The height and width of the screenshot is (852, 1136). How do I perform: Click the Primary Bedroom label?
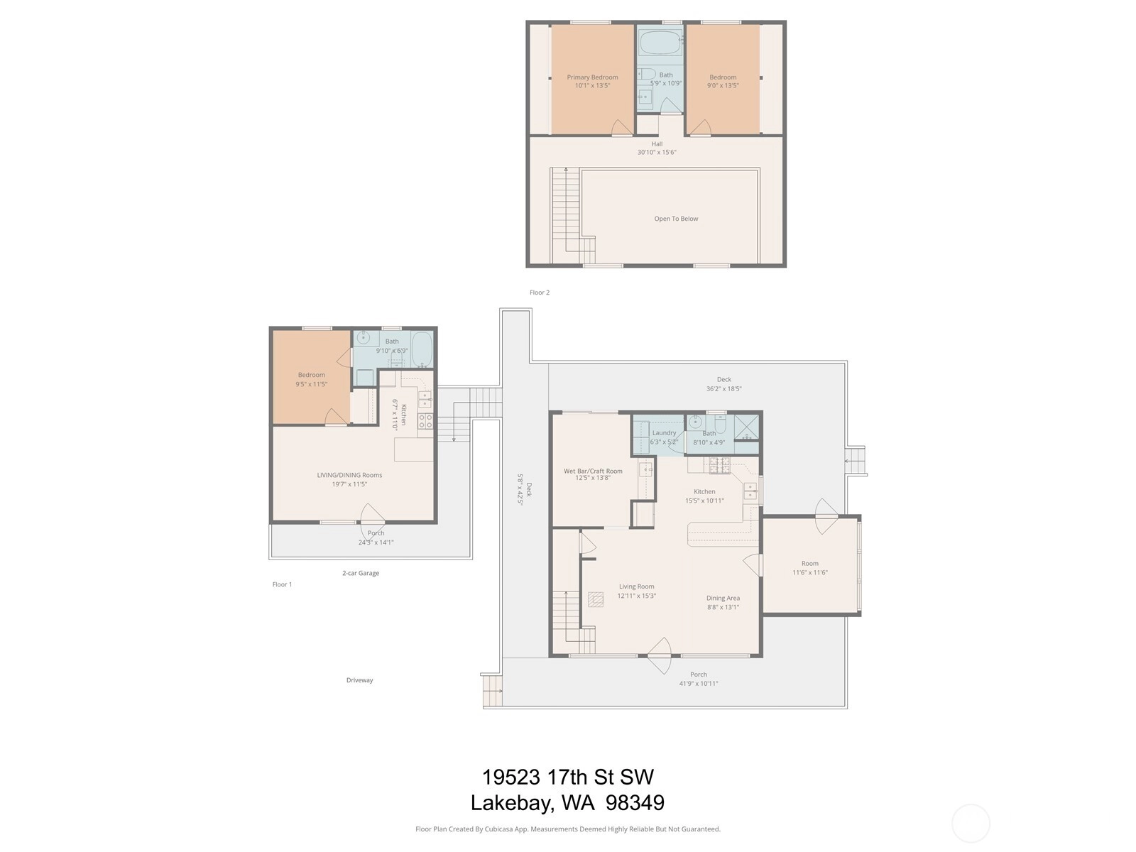[x=592, y=77]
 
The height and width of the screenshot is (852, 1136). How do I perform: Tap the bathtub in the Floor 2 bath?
[x=660, y=42]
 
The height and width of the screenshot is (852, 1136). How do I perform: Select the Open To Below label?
[x=676, y=219]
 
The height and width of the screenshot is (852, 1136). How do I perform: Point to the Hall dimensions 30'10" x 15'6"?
[x=657, y=152]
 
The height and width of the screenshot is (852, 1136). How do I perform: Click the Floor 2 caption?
[x=540, y=293]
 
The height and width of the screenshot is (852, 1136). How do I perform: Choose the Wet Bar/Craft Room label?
[x=593, y=471]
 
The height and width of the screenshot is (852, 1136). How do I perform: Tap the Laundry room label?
[x=664, y=433]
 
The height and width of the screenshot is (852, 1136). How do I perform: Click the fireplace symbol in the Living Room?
[x=596, y=599]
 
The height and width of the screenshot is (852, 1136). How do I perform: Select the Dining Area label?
[x=723, y=598]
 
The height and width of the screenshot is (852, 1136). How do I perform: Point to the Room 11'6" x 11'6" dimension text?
[x=810, y=573]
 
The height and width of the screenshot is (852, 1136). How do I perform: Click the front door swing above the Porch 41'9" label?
[x=660, y=656]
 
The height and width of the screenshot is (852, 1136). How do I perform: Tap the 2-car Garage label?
[x=361, y=573]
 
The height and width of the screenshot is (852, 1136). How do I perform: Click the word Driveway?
[x=360, y=680]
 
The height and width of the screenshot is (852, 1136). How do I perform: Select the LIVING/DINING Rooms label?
[x=349, y=475]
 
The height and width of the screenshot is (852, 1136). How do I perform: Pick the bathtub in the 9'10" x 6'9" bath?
[x=422, y=350]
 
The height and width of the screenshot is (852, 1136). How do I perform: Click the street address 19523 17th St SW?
[x=568, y=777]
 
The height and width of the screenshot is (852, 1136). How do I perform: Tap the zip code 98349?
[x=635, y=803]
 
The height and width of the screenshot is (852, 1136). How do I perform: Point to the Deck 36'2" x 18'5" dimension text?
[x=723, y=388]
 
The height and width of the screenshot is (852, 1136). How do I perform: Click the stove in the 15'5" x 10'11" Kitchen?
[x=719, y=466]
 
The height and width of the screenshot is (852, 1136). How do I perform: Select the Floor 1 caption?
[x=282, y=584]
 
